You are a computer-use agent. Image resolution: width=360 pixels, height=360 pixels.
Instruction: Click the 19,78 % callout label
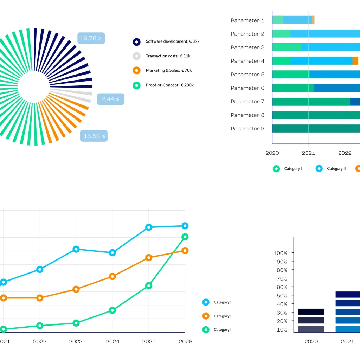click(91, 38)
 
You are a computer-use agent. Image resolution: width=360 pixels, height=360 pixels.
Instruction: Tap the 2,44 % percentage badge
click(110, 99)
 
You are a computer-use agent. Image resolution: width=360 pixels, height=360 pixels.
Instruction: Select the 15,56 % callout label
click(94, 136)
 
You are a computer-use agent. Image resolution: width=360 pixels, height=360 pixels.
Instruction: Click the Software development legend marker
click(137, 41)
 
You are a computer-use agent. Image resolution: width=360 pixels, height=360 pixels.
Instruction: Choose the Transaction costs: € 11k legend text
click(168, 56)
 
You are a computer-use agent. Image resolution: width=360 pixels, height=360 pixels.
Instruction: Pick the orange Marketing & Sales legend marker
click(137, 70)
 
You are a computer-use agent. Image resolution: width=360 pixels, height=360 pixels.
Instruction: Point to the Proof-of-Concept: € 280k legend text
click(169, 85)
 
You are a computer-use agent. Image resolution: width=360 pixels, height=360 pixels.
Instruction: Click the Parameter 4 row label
click(247, 61)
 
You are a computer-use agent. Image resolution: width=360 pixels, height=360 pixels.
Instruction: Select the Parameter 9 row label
click(247, 129)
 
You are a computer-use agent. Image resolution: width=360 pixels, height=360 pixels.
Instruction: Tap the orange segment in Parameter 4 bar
click(355, 61)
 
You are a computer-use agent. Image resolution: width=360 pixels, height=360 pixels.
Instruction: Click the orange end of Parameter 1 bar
click(313, 20)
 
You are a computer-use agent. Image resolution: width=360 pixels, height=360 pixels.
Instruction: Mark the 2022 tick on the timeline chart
click(345, 153)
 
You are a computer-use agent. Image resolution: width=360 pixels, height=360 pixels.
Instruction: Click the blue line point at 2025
click(149, 227)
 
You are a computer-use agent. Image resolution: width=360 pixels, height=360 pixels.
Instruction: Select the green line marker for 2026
click(185, 237)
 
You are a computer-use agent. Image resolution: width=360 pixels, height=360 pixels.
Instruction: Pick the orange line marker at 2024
click(112, 276)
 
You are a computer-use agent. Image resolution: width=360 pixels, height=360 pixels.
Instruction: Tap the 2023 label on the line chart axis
click(76, 341)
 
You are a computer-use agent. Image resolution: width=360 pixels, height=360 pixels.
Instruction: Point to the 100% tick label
click(280, 253)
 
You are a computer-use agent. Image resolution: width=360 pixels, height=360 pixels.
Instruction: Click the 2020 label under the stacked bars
click(311, 341)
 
